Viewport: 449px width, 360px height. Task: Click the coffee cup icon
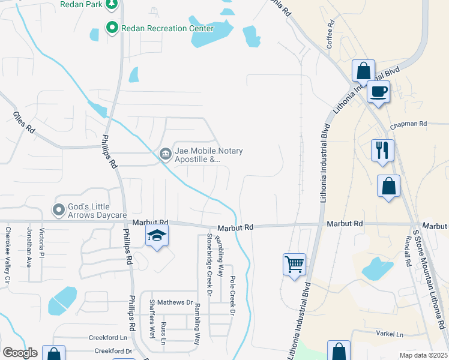(x=378, y=92)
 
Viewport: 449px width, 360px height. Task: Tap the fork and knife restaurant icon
(x=383, y=150)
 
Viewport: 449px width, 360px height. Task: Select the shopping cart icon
(x=294, y=264)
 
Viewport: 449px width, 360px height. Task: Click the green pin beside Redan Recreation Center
(x=111, y=28)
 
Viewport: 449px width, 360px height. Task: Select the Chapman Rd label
(x=408, y=125)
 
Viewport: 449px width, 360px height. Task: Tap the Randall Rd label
(x=408, y=247)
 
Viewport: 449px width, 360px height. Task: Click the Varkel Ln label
(x=391, y=334)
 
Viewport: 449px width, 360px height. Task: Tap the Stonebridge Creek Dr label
(x=209, y=265)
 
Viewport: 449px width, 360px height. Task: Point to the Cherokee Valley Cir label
(x=8, y=254)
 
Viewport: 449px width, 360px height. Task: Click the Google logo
(x=20, y=352)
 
